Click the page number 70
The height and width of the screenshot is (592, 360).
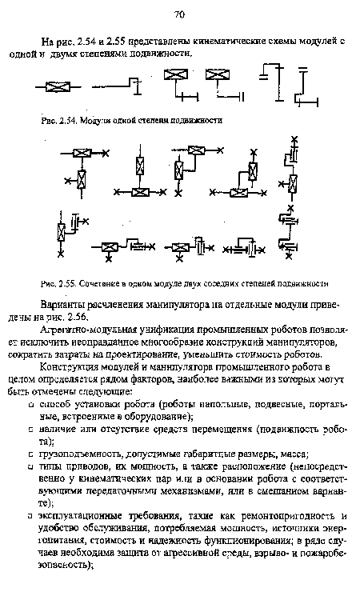point(179,14)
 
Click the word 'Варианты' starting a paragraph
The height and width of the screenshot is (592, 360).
point(62,304)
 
